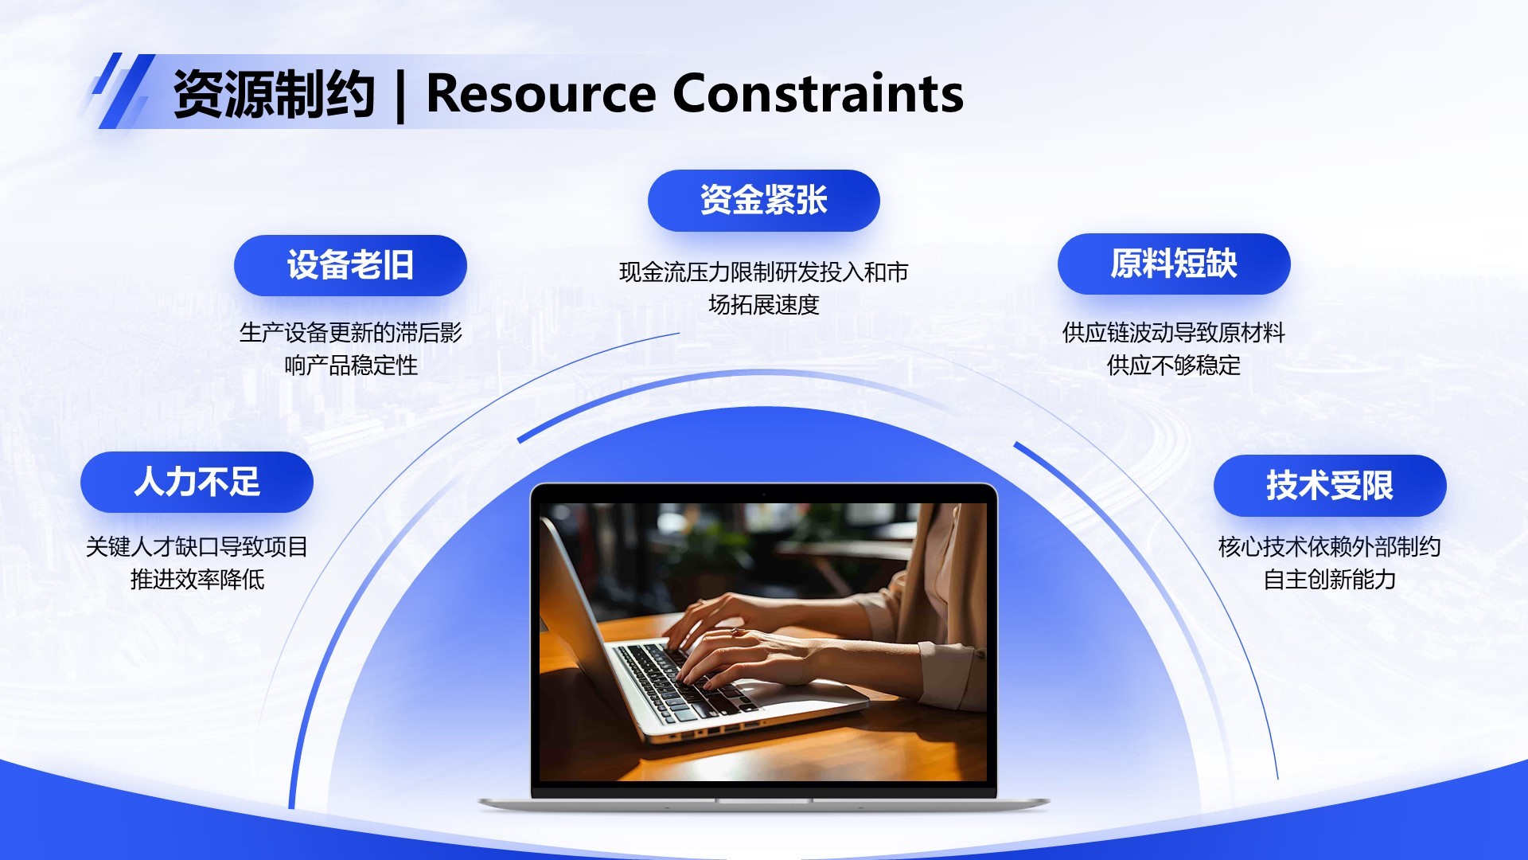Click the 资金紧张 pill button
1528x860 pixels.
click(x=764, y=201)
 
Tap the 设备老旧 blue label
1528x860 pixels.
click(x=350, y=265)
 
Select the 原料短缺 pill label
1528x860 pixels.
click(x=1174, y=264)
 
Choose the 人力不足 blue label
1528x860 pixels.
click(x=197, y=482)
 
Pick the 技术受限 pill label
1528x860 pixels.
click(x=1330, y=486)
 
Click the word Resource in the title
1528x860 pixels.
click(x=541, y=94)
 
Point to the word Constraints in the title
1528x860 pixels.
click(x=818, y=94)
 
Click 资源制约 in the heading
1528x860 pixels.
click(x=274, y=94)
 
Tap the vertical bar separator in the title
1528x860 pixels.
click(x=400, y=96)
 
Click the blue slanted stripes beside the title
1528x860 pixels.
click(x=121, y=91)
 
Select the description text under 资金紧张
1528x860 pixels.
click(x=764, y=288)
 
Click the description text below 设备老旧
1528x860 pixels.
click(x=350, y=349)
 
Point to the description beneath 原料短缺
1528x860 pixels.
click(x=1174, y=349)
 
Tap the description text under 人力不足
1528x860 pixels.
click(x=197, y=563)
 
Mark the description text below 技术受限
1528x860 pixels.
click(x=1330, y=563)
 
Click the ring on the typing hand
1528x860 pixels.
click(x=735, y=632)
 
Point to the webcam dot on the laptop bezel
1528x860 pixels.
click(x=763, y=494)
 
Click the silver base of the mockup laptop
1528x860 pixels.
click(x=764, y=803)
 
